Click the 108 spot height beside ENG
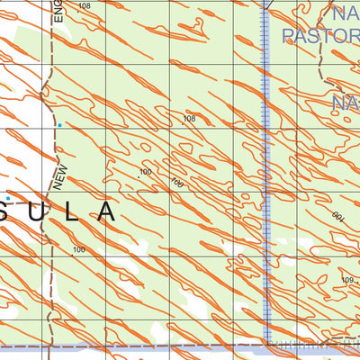[85, 6]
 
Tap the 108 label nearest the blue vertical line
[189, 119]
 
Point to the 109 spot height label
[348, 281]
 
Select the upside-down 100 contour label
[338, 218]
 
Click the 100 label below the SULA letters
[78, 249]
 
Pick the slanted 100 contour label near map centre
[176, 183]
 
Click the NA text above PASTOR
[345, 13]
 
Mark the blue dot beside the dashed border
[59, 126]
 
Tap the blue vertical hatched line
[267, 180]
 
